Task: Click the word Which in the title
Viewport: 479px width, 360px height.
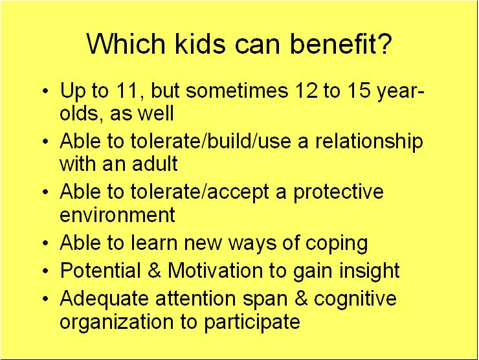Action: click(126, 43)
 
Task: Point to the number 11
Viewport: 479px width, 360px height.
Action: click(127, 91)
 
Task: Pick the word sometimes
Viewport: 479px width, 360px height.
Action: click(237, 91)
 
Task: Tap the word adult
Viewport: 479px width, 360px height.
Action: click(155, 163)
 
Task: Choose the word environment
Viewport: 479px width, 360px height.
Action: click(117, 214)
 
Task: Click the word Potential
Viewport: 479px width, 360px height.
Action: click(100, 271)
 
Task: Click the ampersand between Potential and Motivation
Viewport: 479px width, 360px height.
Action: click(154, 271)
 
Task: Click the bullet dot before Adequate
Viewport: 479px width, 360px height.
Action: click(45, 298)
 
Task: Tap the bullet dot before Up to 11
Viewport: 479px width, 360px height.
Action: click(45, 91)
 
